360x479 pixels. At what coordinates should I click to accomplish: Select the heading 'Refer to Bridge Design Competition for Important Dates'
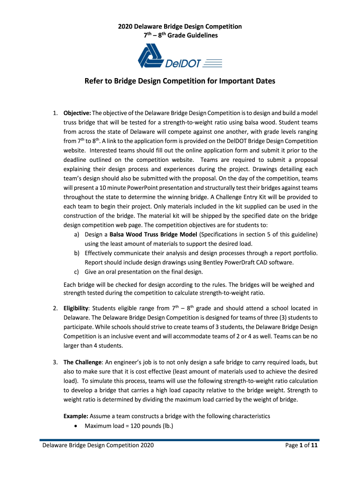(x=180, y=81)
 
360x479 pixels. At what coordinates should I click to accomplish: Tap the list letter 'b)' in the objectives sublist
(x=77, y=253)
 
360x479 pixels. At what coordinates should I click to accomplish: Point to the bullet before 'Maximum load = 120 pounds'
(x=76, y=426)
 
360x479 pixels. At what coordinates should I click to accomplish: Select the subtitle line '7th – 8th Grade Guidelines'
(x=180, y=36)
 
